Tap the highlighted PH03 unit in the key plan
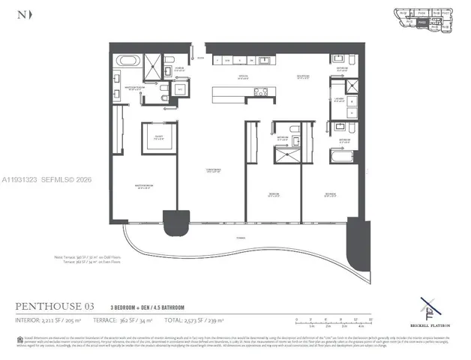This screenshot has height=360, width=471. pyautogui.click(x=422, y=22)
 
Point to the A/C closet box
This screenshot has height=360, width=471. pyautogui.click(x=179, y=88)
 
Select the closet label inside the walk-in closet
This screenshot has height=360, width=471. pyautogui.click(x=158, y=137)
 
